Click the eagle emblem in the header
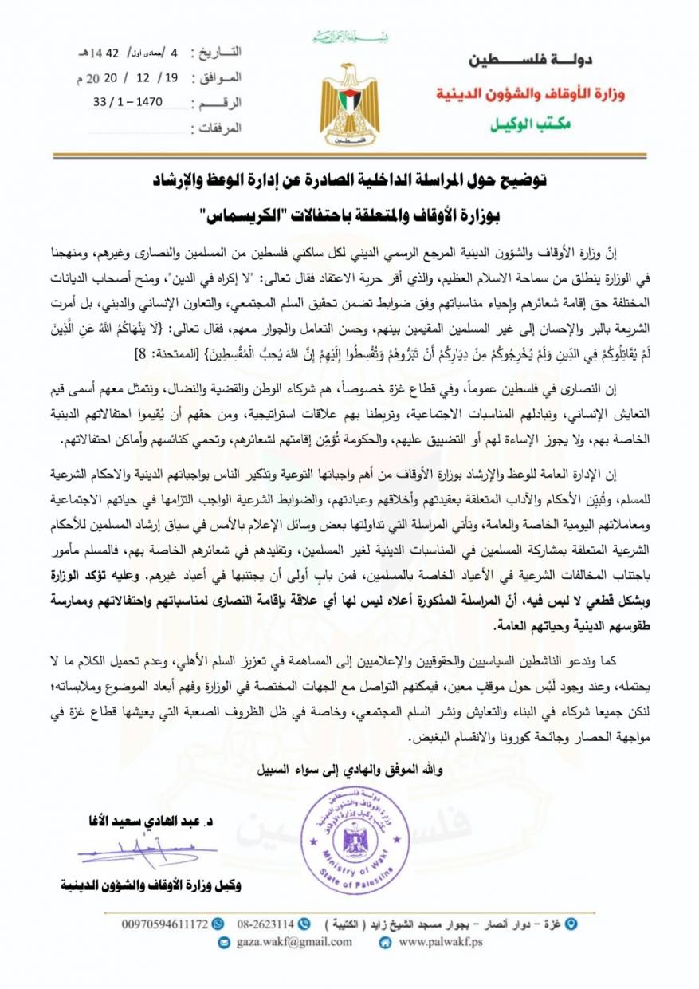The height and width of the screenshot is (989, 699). tap(349, 102)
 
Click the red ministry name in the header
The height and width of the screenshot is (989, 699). tap(531, 94)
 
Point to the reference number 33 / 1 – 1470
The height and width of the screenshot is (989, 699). tap(138, 103)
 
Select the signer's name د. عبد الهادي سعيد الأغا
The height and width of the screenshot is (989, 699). tap(155, 822)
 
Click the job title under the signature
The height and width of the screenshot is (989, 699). tap(151, 885)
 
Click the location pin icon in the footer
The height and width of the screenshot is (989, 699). tap(569, 924)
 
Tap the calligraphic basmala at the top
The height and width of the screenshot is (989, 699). tap(348, 37)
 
